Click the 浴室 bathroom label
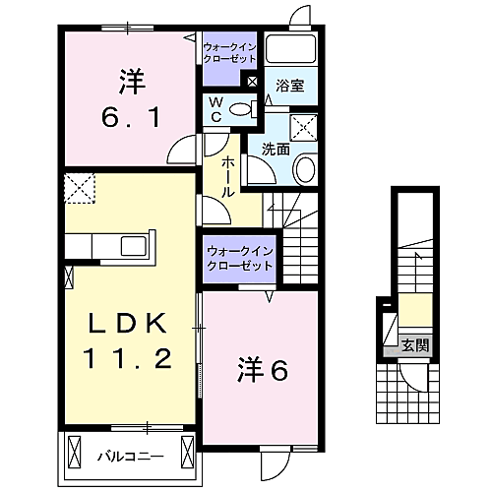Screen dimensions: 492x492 (x=290, y=87)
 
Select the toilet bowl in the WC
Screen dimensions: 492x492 (x=241, y=110)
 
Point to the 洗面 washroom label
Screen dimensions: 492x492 (x=276, y=150)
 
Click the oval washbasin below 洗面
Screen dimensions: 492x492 (x=304, y=169)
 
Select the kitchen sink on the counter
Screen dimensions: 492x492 (x=132, y=246)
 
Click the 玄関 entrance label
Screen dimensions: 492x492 (x=414, y=344)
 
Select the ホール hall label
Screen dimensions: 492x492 (x=227, y=177)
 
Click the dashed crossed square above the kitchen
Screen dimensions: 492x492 (x=78, y=187)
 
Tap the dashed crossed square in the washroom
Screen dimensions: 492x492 (x=304, y=126)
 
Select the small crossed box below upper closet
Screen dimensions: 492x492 (x=253, y=82)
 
